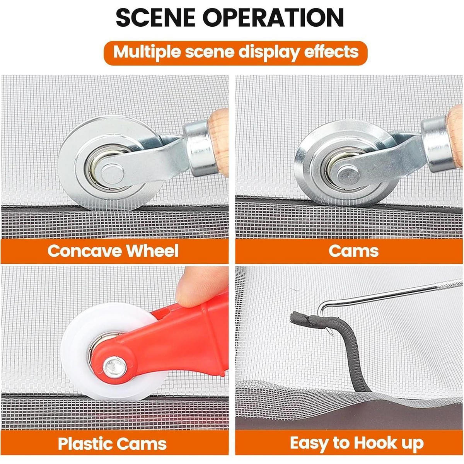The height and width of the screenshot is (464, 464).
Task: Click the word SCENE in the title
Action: pyautogui.click(x=155, y=17)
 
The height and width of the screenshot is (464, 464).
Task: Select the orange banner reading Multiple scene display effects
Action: pyautogui.click(x=235, y=53)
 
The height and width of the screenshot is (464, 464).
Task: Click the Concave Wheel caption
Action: pyautogui.click(x=113, y=251)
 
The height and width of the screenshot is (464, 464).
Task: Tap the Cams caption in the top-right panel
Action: pyautogui.click(x=353, y=251)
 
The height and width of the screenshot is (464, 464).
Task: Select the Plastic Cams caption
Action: pyautogui.click(x=112, y=443)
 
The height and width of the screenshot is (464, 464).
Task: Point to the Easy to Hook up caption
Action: pyautogui.click(x=357, y=443)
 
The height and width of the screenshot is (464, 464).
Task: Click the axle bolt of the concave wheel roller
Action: pyautogui.click(x=113, y=173)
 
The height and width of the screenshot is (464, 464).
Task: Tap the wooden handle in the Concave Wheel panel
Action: pyautogui.click(x=218, y=142)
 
